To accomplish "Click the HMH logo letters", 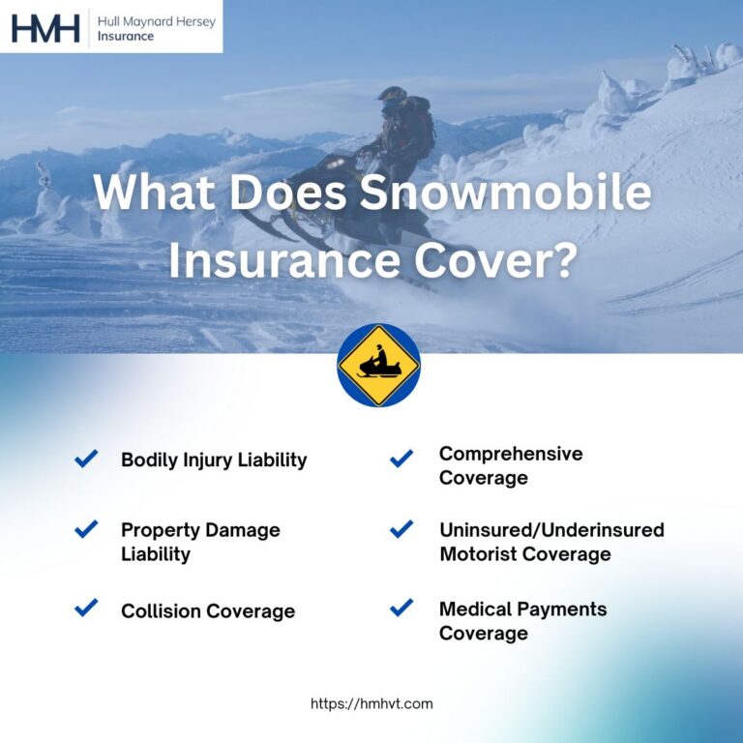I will [x=45, y=27].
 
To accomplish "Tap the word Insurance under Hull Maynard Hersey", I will [x=126, y=37].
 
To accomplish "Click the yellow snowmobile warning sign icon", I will [x=378, y=366].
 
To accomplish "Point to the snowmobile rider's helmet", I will [x=392, y=98].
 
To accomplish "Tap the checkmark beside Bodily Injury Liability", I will [x=86, y=459].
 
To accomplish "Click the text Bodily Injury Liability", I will [x=214, y=460].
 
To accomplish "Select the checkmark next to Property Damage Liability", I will [x=86, y=529].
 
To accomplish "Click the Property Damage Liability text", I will [x=200, y=542].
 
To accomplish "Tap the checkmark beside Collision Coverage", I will [x=86, y=608].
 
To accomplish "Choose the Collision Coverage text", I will [x=208, y=610].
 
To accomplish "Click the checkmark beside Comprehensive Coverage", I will [x=401, y=459].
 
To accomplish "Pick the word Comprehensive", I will [x=511, y=454].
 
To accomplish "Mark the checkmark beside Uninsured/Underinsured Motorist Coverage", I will [x=401, y=529].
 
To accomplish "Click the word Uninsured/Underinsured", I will [x=551, y=530].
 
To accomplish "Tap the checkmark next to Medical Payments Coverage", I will [x=401, y=608].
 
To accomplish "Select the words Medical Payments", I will [x=522, y=609].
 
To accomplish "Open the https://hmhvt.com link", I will [x=371, y=703].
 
